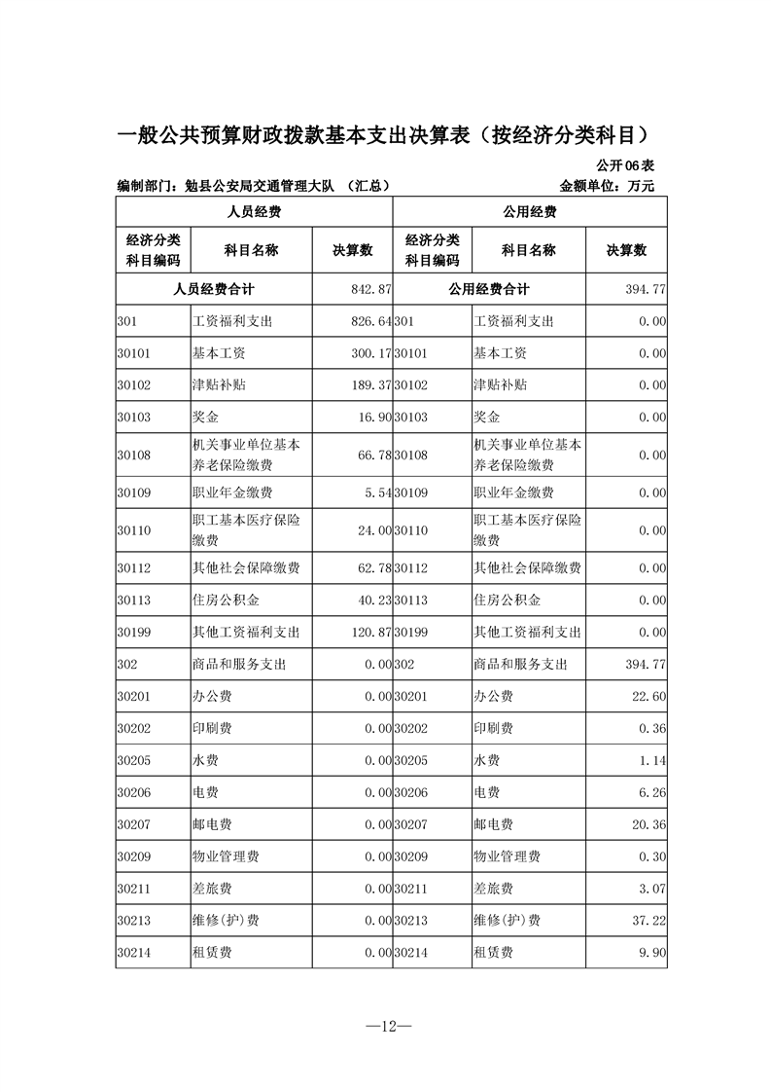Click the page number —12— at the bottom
point(384,1026)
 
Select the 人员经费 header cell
point(254,211)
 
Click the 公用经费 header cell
point(530,211)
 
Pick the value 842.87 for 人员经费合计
point(370,290)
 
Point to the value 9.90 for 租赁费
point(652,952)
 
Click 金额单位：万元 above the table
point(608,185)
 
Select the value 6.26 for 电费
point(652,793)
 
